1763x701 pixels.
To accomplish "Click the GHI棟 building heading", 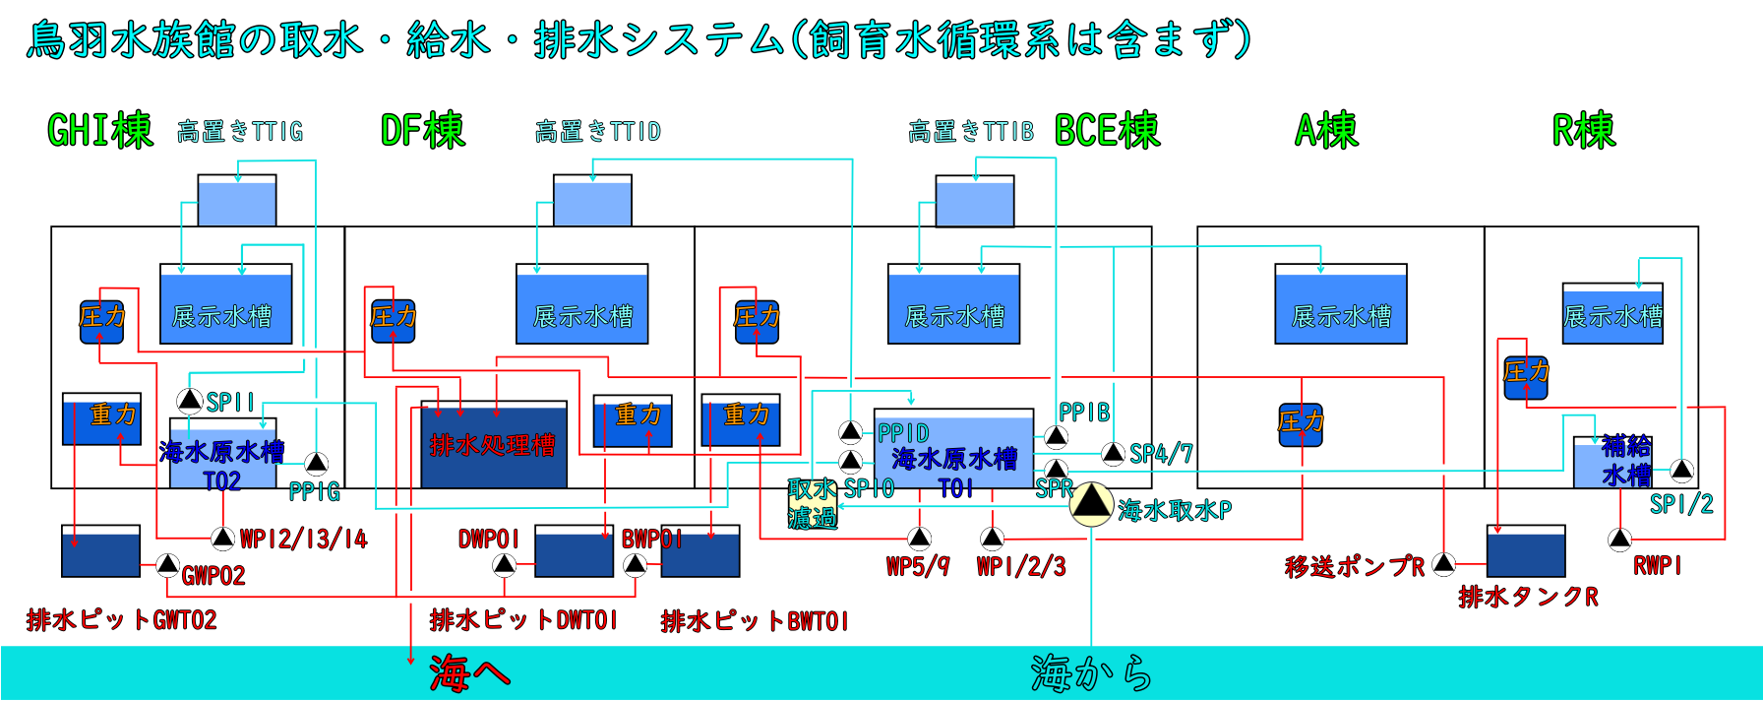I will pyautogui.click(x=100, y=130).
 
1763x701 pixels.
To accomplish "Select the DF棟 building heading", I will pyautogui.click(x=422, y=130).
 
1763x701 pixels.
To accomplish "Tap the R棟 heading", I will pyautogui.click(x=1583, y=130).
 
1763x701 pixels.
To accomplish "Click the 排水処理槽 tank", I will pyautogui.click(x=494, y=445).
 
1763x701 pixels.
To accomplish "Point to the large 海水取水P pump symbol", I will pyautogui.click(x=1090, y=503).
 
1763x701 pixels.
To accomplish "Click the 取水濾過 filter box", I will pyautogui.click(x=813, y=503).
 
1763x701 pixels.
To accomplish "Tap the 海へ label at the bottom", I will pyautogui.click(x=469, y=673).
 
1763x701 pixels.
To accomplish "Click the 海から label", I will pyautogui.click(x=1091, y=673).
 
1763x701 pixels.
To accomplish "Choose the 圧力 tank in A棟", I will pyautogui.click(x=1301, y=424).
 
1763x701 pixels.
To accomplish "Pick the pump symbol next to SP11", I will pyautogui.click(x=190, y=401).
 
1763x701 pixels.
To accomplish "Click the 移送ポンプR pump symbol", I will pyautogui.click(x=1443, y=563).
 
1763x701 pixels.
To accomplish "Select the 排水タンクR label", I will pyautogui.click(x=1528, y=597).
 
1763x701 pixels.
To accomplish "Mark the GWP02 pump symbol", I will pyautogui.click(x=168, y=565).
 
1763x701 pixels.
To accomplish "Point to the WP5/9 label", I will pyautogui.click(x=918, y=566).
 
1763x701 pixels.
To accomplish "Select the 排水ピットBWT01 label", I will pyautogui.click(x=755, y=621).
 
